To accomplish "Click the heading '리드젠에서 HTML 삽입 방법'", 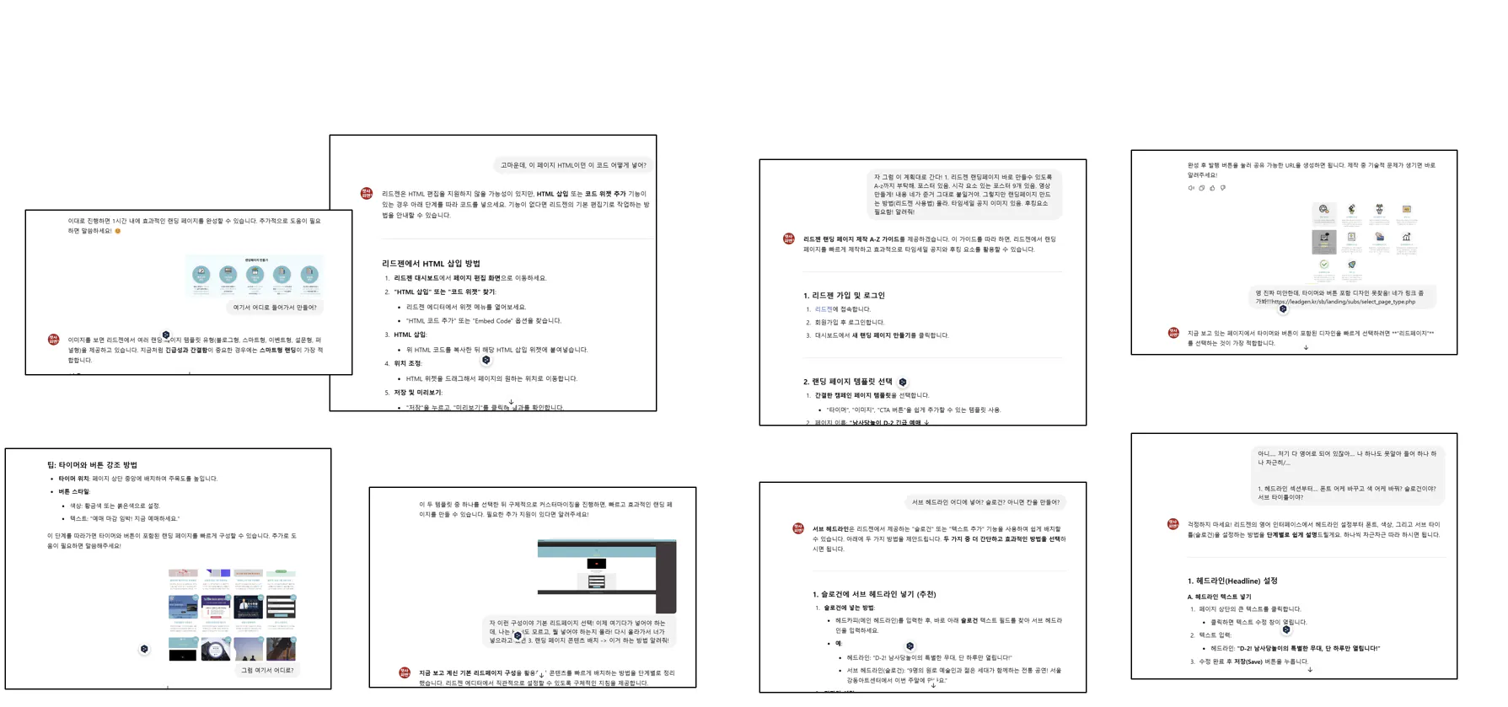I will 431,264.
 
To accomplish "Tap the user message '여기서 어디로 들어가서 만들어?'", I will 275,308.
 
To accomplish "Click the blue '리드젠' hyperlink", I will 823,309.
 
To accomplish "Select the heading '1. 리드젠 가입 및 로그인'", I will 844,296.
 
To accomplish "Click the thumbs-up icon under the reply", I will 1212,188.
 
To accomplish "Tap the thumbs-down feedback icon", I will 1223,188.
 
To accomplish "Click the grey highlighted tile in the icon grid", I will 1323,241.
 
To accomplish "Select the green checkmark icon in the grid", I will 1323,265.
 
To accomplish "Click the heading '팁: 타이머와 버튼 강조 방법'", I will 92,465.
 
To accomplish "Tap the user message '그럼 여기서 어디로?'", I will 267,670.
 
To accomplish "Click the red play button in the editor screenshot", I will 596,564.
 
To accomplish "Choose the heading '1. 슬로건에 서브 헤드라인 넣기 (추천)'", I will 874,594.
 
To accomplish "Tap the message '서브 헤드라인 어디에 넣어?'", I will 985,502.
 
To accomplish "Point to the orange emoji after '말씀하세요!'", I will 118,231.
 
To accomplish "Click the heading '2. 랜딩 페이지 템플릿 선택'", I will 847,382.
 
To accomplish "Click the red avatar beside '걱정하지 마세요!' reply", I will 1173,524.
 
